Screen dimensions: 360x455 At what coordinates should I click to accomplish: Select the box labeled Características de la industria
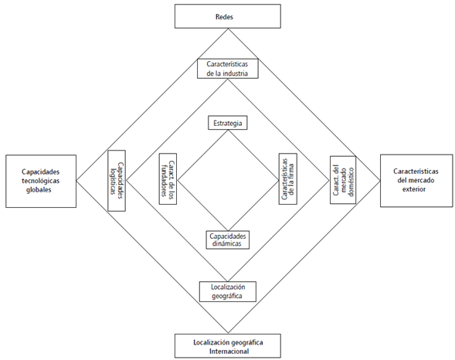pyautogui.click(x=227, y=68)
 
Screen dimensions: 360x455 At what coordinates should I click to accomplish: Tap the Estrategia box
pyautogui.click(x=227, y=123)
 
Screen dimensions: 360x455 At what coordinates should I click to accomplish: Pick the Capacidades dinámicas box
pyautogui.click(x=227, y=239)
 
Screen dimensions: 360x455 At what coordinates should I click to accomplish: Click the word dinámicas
pyautogui.click(x=227, y=243)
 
